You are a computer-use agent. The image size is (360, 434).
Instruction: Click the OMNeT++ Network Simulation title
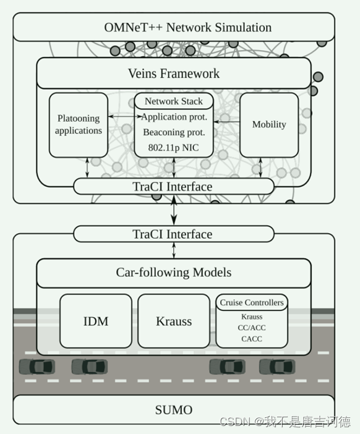tap(188, 27)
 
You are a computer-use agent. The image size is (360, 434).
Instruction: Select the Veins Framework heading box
tap(174, 74)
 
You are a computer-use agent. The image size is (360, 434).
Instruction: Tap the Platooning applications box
tap(79, 125)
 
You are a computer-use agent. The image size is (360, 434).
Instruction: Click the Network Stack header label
tap(174, 101)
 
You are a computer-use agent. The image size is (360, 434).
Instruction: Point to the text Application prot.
tap(174, 117)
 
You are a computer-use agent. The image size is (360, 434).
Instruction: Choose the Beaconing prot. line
tap(174, 132)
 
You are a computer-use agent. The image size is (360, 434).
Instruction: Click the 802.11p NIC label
tap(174, 148)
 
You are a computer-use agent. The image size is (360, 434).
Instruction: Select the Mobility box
tap(269, 125)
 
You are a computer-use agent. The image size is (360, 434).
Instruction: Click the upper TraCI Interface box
tap(174, 187)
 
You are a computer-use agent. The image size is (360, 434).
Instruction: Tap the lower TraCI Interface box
tap(174, 234)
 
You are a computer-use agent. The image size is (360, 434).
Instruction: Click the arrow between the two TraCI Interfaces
tap(174, 210)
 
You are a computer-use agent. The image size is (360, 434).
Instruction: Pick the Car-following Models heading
tap(174, 273)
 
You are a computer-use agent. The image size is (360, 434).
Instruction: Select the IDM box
tap(96, 321)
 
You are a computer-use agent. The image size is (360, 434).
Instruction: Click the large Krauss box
tap(174, 321)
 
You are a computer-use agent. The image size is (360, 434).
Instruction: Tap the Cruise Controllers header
tap(252, 302)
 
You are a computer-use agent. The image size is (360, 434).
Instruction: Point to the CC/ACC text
tap(252, 328)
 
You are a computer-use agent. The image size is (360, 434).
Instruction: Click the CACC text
tap(252, 339)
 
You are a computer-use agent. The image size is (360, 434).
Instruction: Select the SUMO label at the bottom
tap(174, 410)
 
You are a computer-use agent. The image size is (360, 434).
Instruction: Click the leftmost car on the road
tap(37, 367)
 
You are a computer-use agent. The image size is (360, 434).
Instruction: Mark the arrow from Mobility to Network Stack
tap(227, 122)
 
